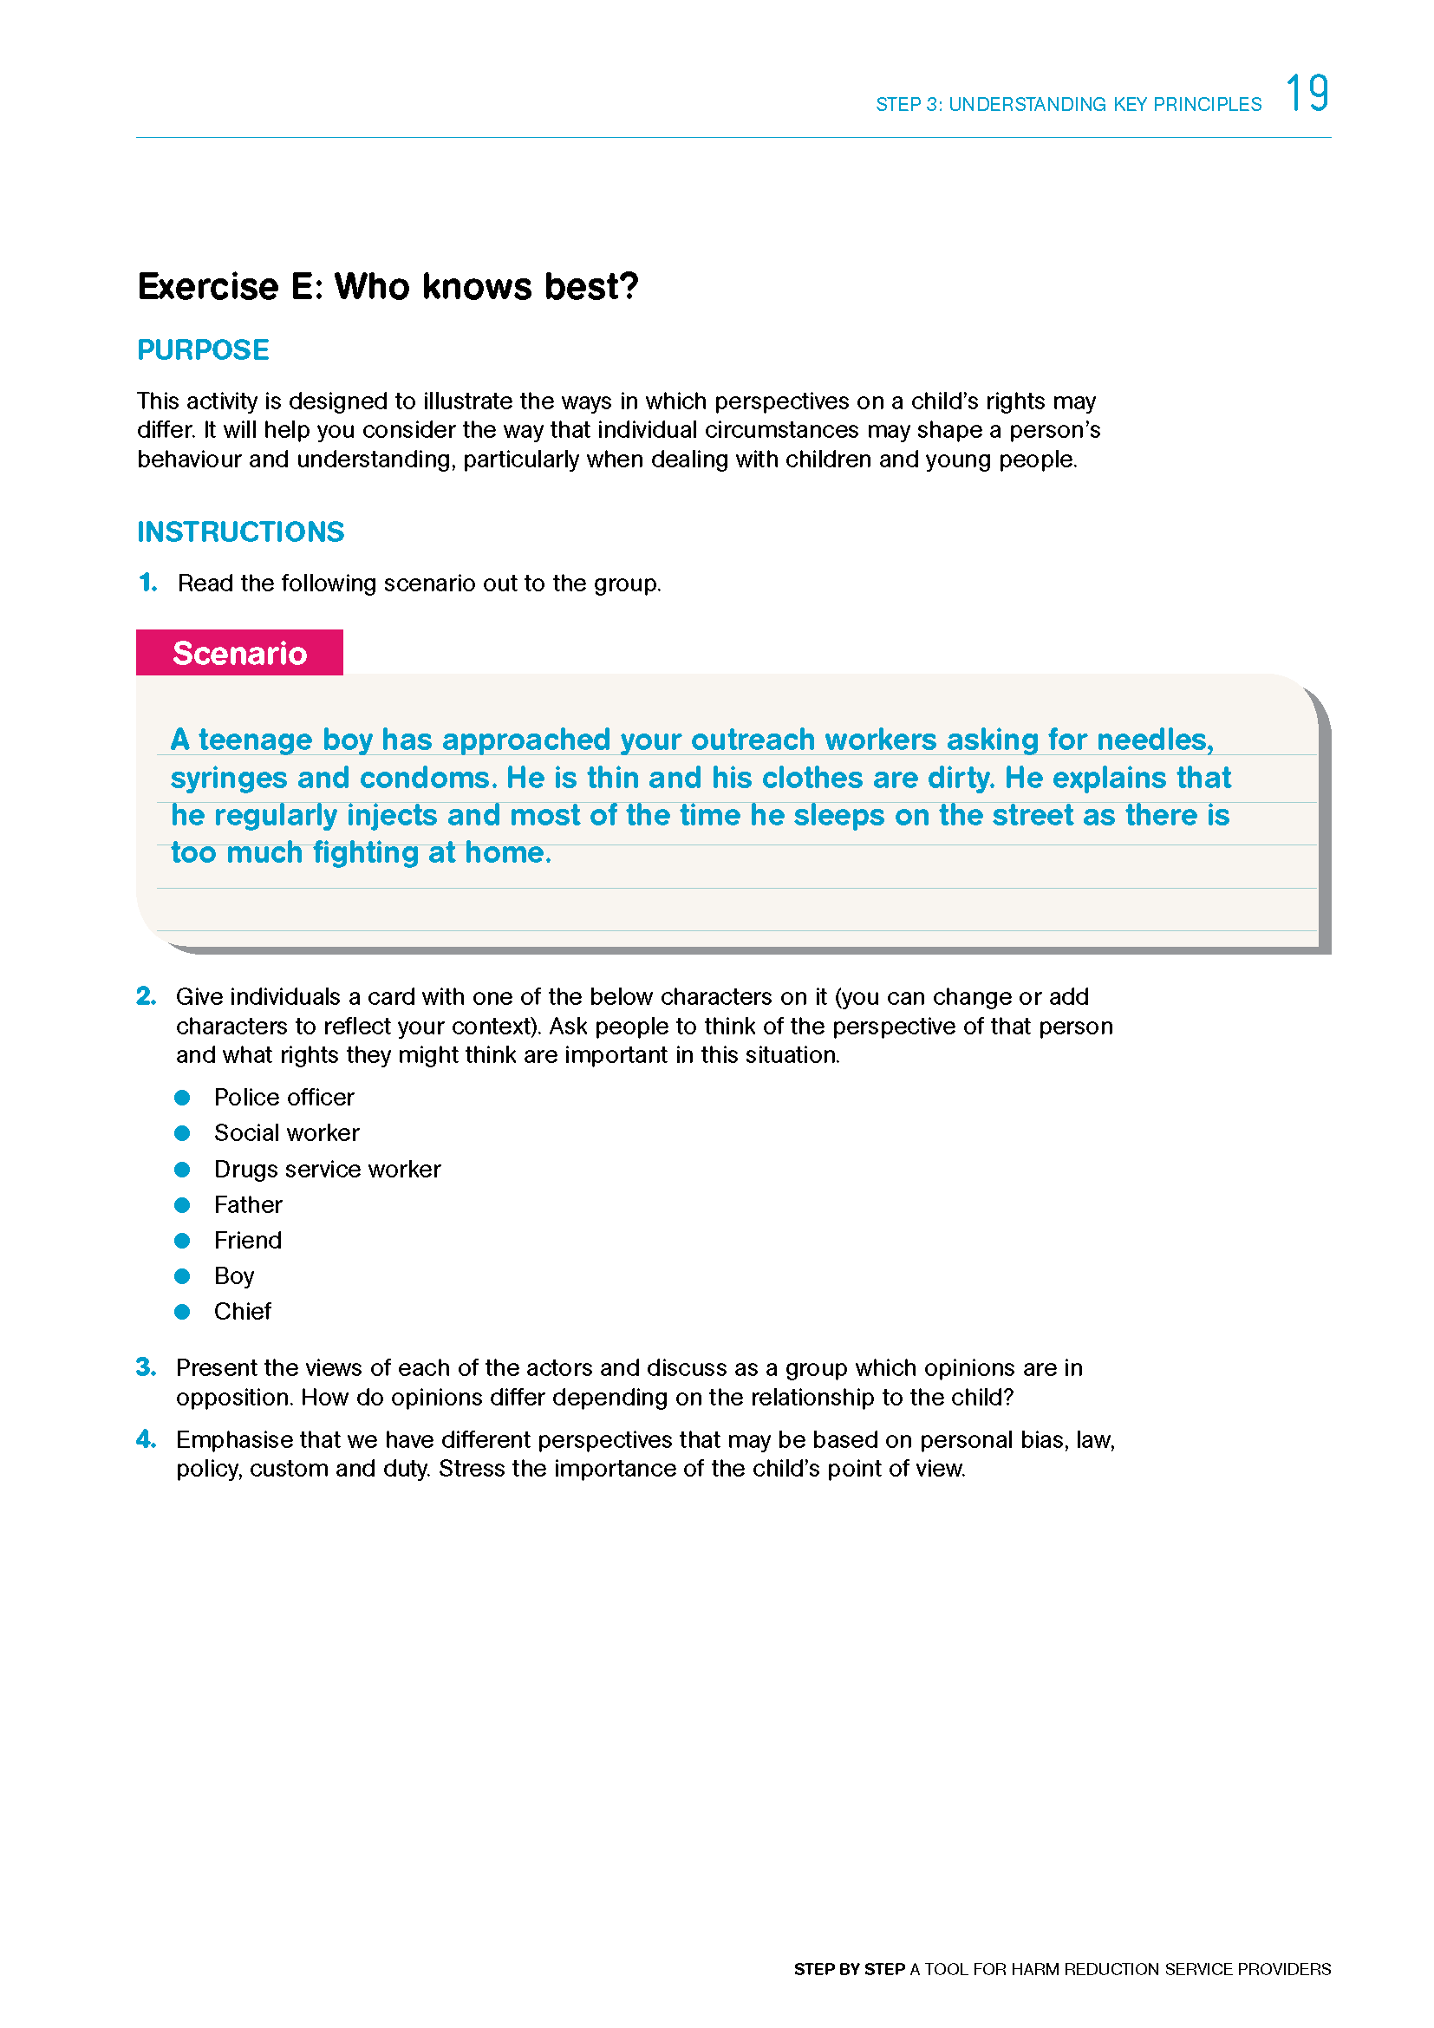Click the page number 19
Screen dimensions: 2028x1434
[x=1307, y=94]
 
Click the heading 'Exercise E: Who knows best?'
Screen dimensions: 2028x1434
[x=388, y=287]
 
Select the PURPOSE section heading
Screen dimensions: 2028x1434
[x=203, y=349]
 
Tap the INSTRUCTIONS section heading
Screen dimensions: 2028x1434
[x=240, y=531]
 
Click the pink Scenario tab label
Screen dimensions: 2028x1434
[x=239, y=653]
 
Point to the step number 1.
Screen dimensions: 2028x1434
[x=148, y=583]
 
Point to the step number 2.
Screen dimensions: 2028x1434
[x=147, y=996]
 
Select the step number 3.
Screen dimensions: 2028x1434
[x=147, y=1367]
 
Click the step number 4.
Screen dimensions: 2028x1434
[x=147, y=1440]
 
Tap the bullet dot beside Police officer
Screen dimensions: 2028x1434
[x=183, y=1098]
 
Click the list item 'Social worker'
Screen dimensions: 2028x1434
[x=286, y=1133]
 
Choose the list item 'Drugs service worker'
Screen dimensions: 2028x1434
[x=327, y=1170]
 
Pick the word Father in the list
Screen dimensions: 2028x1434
[x=248, y=1205]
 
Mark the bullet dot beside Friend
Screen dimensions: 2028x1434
[x=183, y=1241]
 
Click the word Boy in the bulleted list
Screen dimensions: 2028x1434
[x=234, y=1276]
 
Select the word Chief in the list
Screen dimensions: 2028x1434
[x=242, y=1312]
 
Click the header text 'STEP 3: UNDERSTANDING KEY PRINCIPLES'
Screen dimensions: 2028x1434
[x=1068, y=104]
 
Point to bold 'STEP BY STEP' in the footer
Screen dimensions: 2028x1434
[x=849, y=1969]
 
